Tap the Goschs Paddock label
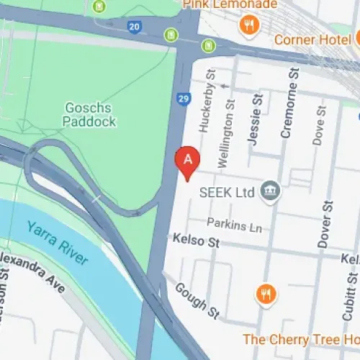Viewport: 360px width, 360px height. click(x=90, y=114)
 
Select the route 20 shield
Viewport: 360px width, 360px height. click(x=135, y=27)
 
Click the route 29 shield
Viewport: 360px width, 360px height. click(x=184, y=98)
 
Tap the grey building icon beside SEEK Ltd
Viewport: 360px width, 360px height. click(x=271, y=191)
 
